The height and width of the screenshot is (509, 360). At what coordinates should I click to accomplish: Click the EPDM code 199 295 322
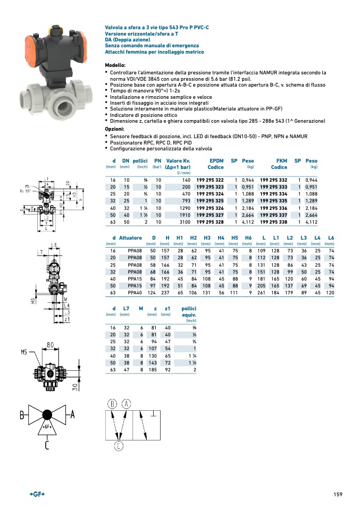point(210,181)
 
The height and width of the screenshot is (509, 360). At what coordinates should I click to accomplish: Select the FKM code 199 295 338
point(273,222)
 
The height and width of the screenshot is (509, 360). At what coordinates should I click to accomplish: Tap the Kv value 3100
point(183,222)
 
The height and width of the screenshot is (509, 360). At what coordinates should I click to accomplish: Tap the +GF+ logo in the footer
point(37,494)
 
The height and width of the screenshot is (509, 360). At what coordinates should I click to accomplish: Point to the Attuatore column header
point(130,237)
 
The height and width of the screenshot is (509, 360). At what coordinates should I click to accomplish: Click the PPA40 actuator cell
point(133,292)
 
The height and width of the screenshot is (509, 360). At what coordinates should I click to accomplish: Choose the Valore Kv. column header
point(178,160)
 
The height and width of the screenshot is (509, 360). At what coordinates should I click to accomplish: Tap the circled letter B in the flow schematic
point(113,403)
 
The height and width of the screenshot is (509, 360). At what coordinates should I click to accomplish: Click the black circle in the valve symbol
point(47,414)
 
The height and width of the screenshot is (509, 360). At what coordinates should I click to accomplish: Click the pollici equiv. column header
point(188,311)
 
